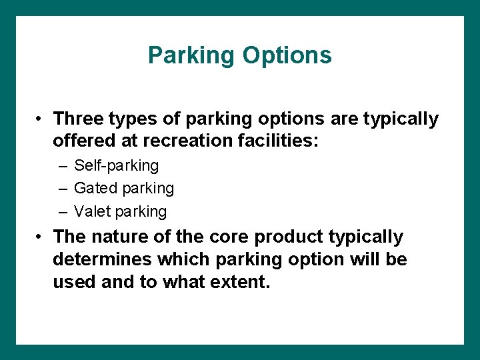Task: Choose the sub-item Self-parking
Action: tap(117, 165)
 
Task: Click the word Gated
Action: tap(93, 189)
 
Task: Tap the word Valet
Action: tap(92, 212)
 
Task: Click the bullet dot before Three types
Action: tap(41, 119)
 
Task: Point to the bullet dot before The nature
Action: tap(41, 237)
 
